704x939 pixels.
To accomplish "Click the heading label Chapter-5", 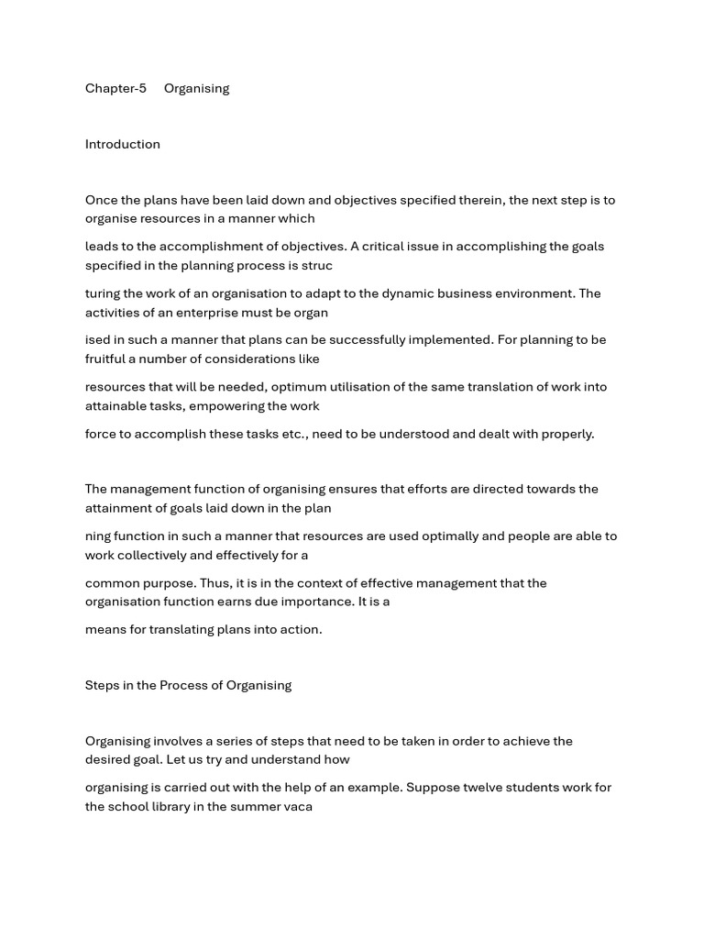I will [x=115, y=89].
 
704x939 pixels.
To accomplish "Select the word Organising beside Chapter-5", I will [x=196, y=89].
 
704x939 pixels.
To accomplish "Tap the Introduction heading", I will [x=122, y=144].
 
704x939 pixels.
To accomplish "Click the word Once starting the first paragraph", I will [x=102, y=200].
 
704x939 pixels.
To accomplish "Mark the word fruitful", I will [x=110, y=359].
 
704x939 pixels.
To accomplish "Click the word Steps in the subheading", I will [x=103, y=685].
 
